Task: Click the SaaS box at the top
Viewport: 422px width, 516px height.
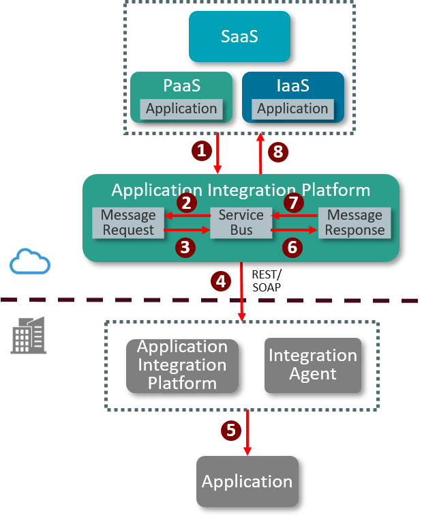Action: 239,36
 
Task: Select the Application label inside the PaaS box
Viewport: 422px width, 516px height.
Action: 181,109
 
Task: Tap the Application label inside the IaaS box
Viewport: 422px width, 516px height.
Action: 292,109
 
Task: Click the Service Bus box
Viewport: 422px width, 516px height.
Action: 241,223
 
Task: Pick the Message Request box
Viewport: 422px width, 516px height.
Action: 128,223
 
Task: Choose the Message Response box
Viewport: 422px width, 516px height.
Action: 355,223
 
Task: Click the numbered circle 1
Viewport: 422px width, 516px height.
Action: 200,151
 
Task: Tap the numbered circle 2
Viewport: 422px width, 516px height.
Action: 186,203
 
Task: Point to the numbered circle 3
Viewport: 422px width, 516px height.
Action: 186,247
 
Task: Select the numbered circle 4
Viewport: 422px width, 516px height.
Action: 220,281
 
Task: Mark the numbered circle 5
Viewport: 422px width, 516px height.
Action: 230,430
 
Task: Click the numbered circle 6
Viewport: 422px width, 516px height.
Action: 292,247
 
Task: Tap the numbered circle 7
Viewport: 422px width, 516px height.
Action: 292,203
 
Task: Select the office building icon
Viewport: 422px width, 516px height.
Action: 28,335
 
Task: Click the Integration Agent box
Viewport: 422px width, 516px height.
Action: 312,365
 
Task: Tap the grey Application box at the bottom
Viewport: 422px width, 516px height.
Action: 247,481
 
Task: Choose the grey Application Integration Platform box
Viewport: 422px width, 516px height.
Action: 182,365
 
